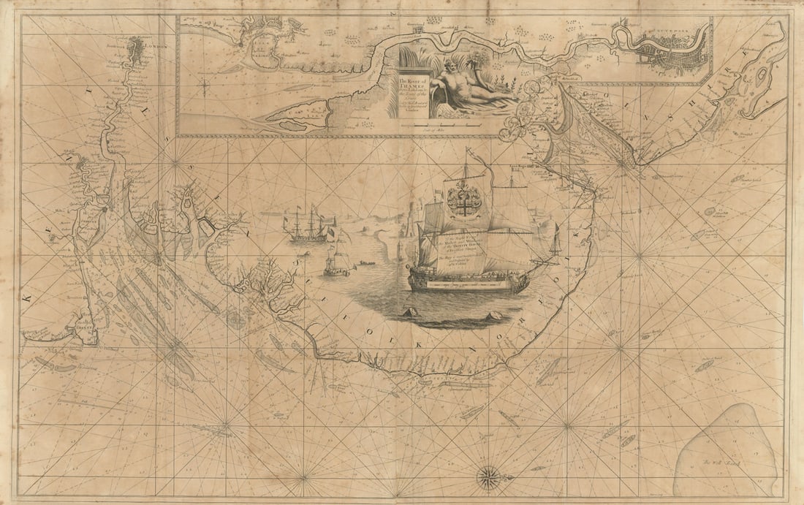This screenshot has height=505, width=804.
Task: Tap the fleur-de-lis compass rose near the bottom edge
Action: tap(487, 478)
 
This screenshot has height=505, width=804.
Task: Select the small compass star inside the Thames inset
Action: tap(207, 89)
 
